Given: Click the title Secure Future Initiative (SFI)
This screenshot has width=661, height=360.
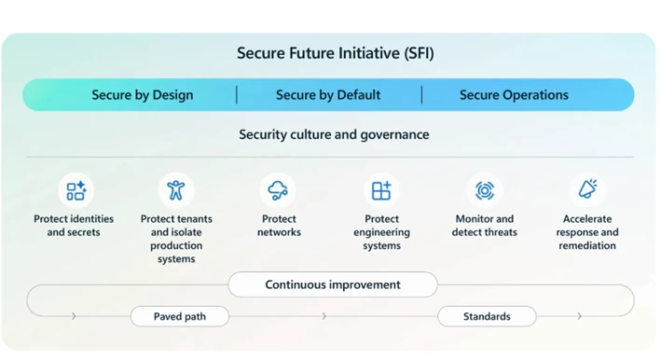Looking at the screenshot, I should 335,53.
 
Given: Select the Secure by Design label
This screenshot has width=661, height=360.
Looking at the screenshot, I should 143,95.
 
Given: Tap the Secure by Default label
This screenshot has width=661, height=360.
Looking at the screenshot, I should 328,95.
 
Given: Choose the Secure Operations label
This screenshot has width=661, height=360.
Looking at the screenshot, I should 514,95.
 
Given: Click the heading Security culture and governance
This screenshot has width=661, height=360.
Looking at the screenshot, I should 334,134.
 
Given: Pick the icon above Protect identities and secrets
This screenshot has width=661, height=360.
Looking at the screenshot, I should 76,190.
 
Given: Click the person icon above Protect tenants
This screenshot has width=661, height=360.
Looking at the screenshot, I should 176,190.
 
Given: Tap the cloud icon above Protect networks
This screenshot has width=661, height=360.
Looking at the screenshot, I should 278,190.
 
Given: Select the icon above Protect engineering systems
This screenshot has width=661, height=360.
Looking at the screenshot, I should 381,190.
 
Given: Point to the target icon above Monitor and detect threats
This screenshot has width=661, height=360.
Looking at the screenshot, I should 484,190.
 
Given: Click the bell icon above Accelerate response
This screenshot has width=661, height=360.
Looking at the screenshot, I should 587,190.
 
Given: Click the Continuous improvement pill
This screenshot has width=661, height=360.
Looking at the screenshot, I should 333,284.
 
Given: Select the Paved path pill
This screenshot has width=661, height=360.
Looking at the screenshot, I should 180,316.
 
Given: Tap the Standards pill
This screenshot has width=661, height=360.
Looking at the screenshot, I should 487,316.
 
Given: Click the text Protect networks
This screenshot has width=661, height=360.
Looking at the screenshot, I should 279,226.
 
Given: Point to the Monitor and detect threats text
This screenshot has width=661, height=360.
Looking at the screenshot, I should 484,226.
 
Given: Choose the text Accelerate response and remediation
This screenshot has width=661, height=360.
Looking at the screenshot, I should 587,232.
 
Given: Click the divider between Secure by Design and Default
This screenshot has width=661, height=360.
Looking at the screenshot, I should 236,95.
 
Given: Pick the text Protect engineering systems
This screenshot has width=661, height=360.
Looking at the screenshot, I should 381,232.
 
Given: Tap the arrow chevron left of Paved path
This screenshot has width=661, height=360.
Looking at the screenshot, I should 74,316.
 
